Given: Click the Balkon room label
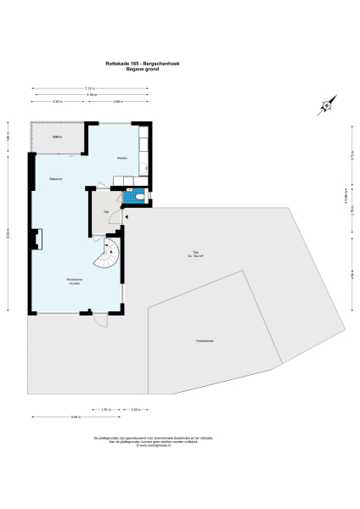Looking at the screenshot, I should pyautogui.click(x=57, y=136).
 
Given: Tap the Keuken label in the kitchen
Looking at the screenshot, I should pyautogui.click(x=121, y=159).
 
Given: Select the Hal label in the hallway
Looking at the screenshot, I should pyautogui.click(x=106, y=210).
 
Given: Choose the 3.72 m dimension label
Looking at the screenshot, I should pyautogui.click(x=352, y=157).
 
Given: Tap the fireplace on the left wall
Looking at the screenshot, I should pyautogui.click(x=36, y=241).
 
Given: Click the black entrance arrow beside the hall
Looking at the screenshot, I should pyautogui.click(x=126, y=218).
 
